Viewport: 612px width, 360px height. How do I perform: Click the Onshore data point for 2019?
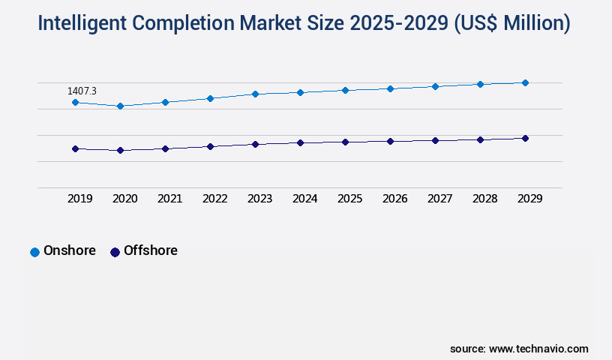click(75, 102)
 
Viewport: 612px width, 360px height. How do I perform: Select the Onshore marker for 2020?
click(120, 106)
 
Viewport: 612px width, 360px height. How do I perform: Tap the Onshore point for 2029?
click(525, 82)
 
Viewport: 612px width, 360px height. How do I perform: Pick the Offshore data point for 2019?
click(75, 148)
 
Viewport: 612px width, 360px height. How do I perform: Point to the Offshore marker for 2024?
click(300, 142)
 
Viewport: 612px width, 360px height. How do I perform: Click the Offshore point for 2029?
click(525, 138)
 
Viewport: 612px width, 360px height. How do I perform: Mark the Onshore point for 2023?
click(255, 94)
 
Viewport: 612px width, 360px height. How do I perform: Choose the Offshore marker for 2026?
click(390, 141)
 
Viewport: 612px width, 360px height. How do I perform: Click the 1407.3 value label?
click(82, 91)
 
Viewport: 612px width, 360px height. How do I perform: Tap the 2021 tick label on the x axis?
click(169, 199)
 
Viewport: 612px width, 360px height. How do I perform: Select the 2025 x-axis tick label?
click(349, 199)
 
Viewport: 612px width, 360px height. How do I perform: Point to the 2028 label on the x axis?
click(484, 199)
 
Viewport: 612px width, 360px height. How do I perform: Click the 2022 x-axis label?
click(214, 199)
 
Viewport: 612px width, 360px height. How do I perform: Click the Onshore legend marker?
click(34, 252)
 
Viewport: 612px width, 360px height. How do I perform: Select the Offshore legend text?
click(150, 250)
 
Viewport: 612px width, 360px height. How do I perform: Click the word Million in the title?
click(527, 24)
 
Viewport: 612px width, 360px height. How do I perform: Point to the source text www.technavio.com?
click(538, 349)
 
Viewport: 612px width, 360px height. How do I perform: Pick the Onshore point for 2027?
click(435, 86)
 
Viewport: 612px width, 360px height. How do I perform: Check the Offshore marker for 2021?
click(165, 148)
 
